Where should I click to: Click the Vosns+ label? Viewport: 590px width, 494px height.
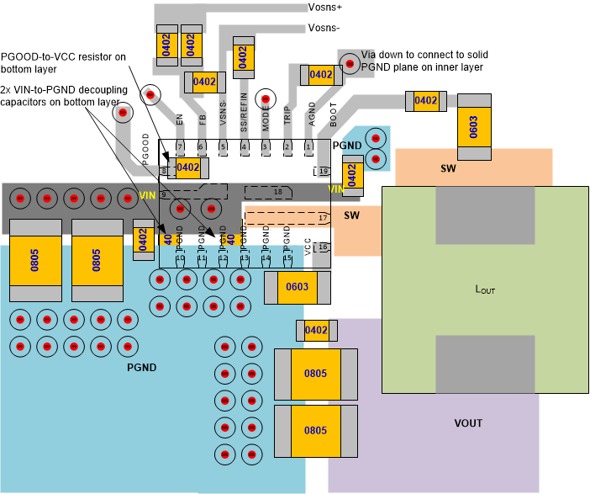(x=325, y=8)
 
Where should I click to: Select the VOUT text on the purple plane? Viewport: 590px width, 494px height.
(x=469, y=423)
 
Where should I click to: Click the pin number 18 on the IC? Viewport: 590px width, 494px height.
(x=278, y=193)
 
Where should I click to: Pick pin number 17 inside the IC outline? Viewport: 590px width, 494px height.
(x=323, y=218)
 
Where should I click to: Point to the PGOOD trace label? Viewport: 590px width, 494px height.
(x=146, y=147)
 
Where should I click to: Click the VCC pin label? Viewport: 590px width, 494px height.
(x=308, y=246)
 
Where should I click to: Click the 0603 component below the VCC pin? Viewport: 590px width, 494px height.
(x=297, y=288)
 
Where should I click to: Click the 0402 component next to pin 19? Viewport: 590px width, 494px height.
(x=352, y=176)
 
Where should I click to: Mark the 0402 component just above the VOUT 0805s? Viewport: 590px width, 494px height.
(x=316, y=331)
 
